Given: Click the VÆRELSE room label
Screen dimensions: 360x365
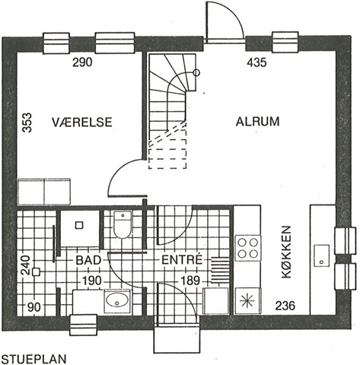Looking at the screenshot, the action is (82, 122).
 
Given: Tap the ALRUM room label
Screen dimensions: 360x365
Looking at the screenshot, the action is (257, 122).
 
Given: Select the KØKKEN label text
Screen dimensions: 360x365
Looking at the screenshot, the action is (286, 252).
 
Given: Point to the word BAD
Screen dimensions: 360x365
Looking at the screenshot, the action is (88, 260).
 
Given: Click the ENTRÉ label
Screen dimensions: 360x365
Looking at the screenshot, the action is (182, 259).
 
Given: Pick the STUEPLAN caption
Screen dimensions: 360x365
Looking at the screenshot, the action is (34, 359).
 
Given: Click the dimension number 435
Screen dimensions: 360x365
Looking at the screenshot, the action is (256, 62).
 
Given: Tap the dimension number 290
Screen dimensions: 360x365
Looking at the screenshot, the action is (82, 62).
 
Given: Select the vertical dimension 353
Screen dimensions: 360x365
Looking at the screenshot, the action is (27, 122).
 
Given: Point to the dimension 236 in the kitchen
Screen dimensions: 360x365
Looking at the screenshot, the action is (285, 306).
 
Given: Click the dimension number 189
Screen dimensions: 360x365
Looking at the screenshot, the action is (190, 281).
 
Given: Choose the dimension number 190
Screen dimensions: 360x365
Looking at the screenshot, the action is (91, 281).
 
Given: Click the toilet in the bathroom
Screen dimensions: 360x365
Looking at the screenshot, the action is (123, 224).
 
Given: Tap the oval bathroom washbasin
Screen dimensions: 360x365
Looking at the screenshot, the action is (116, 300).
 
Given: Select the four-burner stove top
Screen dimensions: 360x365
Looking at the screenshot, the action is (248, 248).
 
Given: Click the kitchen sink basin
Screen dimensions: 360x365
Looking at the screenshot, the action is (322, 255).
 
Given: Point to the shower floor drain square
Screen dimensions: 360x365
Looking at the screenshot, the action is (80, 225).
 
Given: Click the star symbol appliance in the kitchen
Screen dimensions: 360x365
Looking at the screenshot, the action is (248, 300).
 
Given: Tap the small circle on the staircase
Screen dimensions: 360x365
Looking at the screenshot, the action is (196, 73).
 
